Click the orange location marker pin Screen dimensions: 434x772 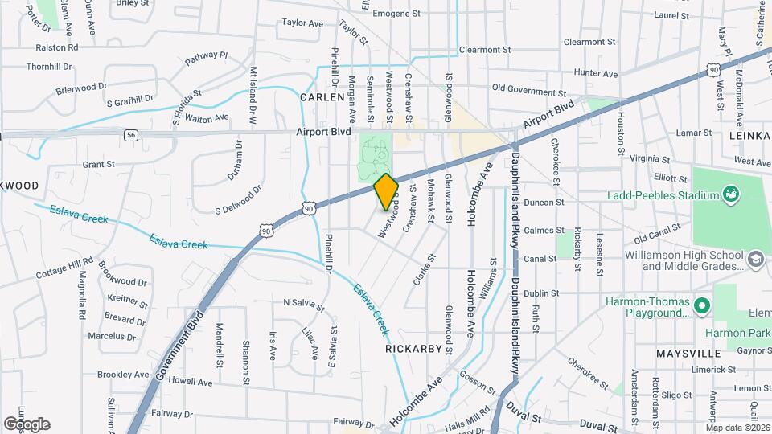[386, 192]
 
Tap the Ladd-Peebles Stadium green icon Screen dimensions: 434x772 [731, 194]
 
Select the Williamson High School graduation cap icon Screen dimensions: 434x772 [755, 259]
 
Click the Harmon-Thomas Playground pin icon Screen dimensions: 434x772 [702, 306]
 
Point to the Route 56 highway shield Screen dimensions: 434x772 [131, 135]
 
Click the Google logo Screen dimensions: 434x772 [26, 424]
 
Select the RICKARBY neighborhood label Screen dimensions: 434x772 [414, 349]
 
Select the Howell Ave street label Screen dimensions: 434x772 [191, 383]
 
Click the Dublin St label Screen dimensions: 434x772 [540, 293]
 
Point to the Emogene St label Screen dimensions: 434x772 [396, 14]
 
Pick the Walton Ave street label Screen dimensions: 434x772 [207, 118]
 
